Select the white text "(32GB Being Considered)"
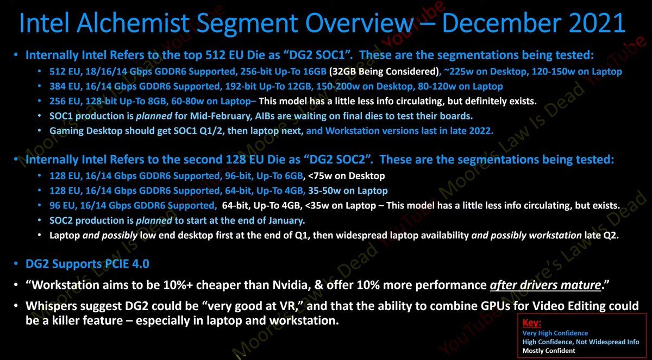coord(384,72)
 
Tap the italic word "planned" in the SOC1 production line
coord(154,116)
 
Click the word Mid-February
coord(221,116)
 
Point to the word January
coord(286,220)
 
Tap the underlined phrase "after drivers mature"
coord(546,285)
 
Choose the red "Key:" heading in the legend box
coord(531,323)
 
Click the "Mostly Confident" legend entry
coord(549,351)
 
